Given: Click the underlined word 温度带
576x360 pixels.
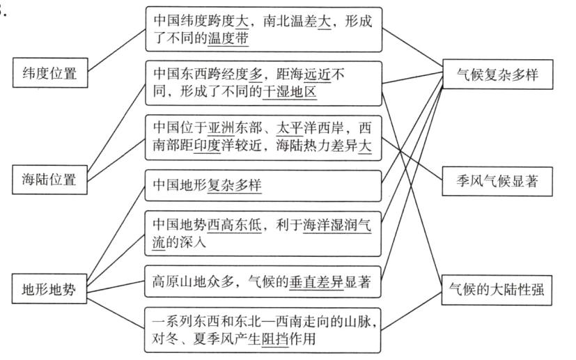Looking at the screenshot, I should (x=228, y=39).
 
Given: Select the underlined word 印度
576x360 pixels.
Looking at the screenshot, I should (x=208, y=146).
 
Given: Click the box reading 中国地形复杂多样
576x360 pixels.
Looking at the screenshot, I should (x=263, y=187).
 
